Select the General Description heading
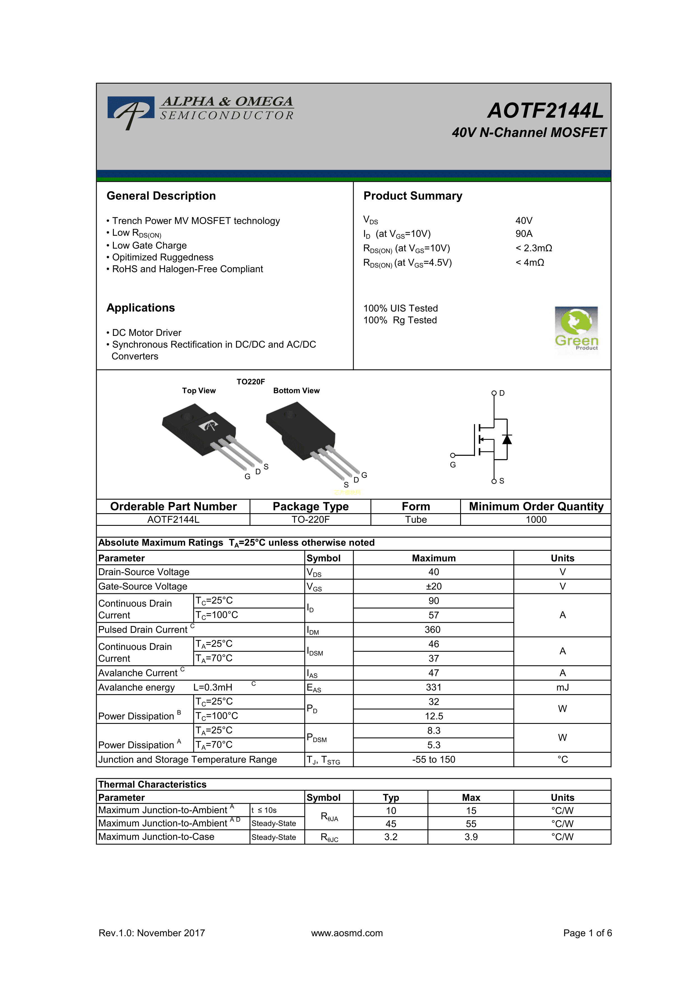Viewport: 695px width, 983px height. pyautogui.click(x=161, y=196)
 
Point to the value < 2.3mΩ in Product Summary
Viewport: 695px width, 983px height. pyautogui.click(x=534, y=248)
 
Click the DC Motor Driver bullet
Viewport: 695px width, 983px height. pyautogui.click(x=144, y=333)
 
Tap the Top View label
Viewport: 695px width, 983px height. pyautogui.click(x=199, y=391)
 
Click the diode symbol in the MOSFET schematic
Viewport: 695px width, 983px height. pyautogui.click(x=507, y=439)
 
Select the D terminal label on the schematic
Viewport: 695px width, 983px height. pyautogui.click(x=502, y=393)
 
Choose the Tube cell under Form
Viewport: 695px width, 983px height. pyautogui.click(x=416, y=519)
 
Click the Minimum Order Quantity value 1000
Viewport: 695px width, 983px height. pyautogui.click(x=536, y=519)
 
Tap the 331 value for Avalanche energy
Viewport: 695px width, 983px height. pyautogui.click(x=434, y=687)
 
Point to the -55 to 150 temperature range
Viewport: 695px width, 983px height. pyautogui.click(x=434, y=759)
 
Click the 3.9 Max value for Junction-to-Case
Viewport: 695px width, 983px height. pyautogui.click(x=471, y=837)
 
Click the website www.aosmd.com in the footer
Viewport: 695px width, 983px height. pyautogui.click(x=347, y=933)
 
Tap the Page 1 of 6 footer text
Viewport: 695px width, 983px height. pyautogui.click(x=587, y=933)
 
